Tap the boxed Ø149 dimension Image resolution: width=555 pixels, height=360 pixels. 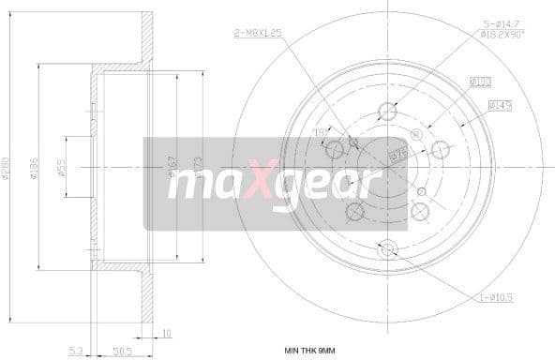pyautogui.click(x=498, y=105)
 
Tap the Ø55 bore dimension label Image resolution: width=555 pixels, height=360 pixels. pyautogui.click(x=63, y=169)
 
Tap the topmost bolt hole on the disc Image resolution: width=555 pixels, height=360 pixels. pyautogui.click(x=387, y=112)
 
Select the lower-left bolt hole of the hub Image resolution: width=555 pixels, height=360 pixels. pyautogui.click(x=354, y=212)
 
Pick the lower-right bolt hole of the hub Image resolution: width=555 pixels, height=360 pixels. pyautogui.click(x=421, y=212)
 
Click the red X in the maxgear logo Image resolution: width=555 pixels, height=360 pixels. pyautogui.click(x=263, y=182)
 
